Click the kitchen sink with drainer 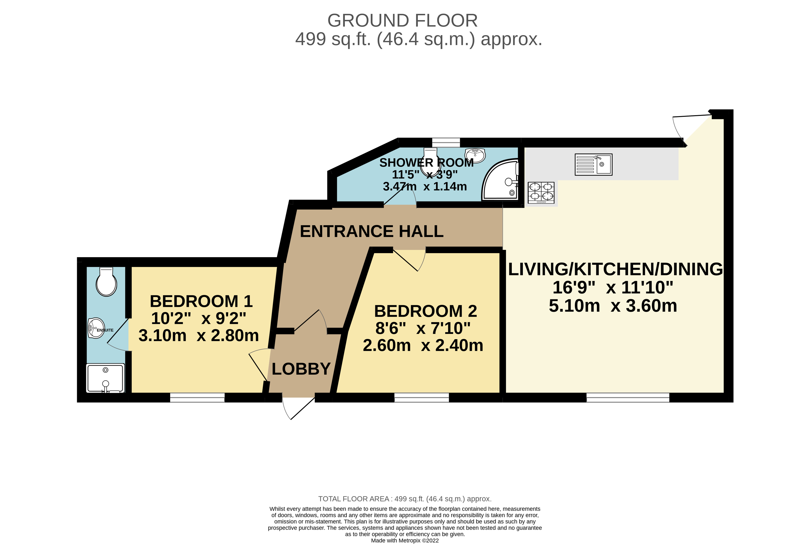593,164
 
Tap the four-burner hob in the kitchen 541,193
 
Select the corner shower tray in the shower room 500,179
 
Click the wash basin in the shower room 475,155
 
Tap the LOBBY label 301,369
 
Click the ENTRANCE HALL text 372,231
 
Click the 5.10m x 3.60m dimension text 613,306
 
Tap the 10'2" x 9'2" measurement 199,318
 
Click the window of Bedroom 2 422,398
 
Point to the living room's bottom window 628,398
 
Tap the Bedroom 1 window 197,398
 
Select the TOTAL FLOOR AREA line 405,499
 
